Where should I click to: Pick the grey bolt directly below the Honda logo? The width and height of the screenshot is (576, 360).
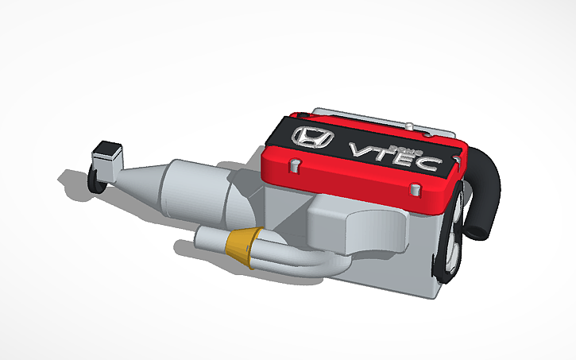point(294,165)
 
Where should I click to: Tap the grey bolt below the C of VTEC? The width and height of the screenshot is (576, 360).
point(416,189)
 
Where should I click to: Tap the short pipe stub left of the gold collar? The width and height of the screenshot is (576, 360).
point(211,238)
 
